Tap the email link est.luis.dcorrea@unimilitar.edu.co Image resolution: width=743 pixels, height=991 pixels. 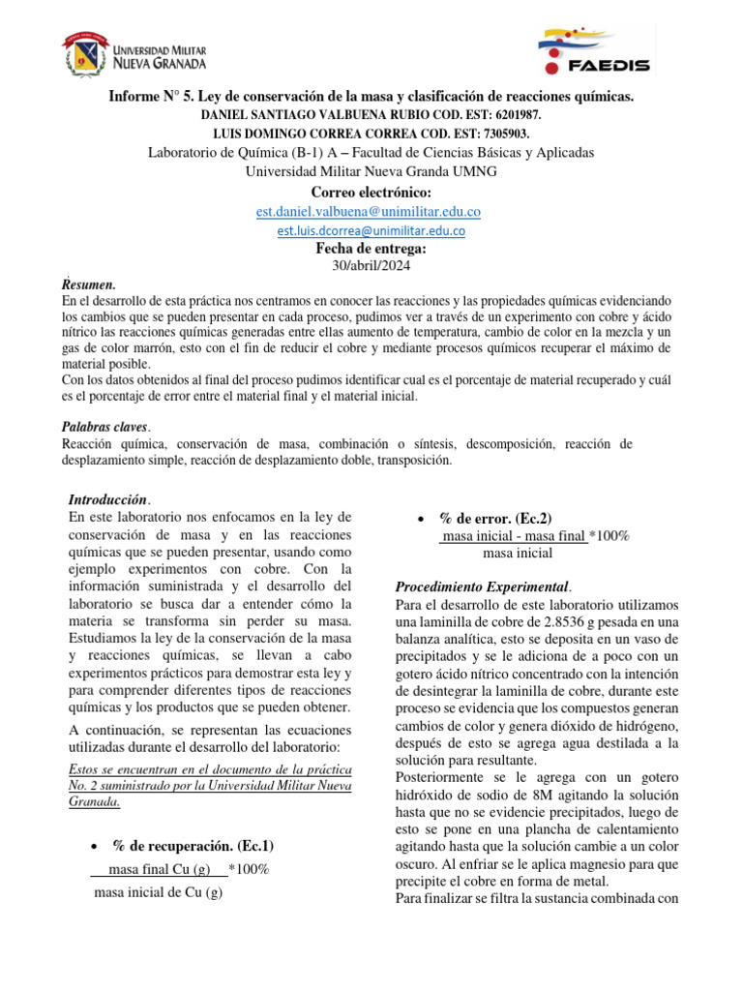coord(371,231)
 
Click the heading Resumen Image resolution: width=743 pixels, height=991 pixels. coord(88,285)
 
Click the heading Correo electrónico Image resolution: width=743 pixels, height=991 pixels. coord(371,193)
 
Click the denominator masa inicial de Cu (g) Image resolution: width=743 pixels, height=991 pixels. coord(158,892)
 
